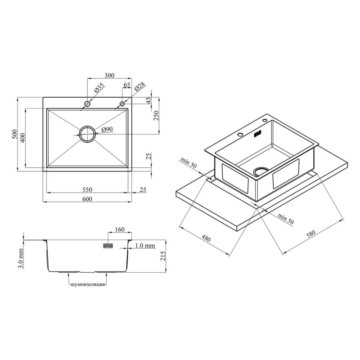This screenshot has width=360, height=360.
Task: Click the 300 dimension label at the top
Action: click(109, 75)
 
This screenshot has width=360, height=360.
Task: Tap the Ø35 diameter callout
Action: click(99, 87)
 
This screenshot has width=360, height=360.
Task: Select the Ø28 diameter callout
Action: click(140, 86)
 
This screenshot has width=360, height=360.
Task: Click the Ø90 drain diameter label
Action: click(107, 130)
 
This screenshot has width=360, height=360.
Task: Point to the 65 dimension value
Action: click(127, 85)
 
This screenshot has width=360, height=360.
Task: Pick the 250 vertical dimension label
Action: click(156, 116)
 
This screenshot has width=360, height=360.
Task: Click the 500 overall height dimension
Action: click(14, 134)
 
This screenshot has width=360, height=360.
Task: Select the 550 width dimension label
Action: click(87, 189)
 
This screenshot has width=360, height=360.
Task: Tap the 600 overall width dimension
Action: click(87, 199)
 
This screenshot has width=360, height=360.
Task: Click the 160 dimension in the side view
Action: click(120, 229)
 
